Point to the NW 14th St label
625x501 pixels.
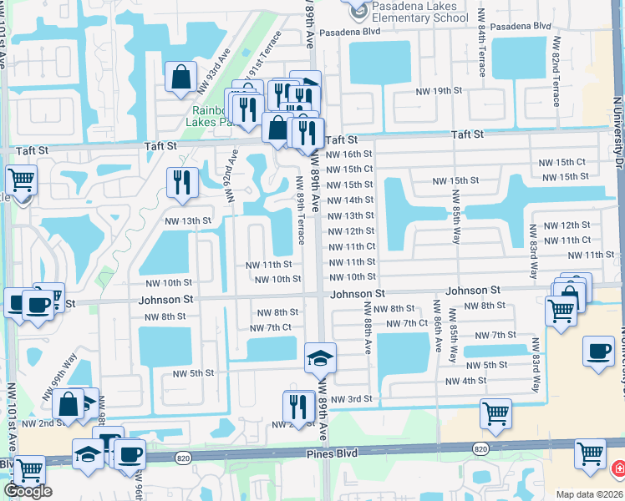(350, 200)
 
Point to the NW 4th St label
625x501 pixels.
(465, 382)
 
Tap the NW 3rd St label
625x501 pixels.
(351, 400)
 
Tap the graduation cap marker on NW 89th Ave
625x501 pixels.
(320, 358)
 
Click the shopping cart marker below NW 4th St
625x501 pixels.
(496, 413)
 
